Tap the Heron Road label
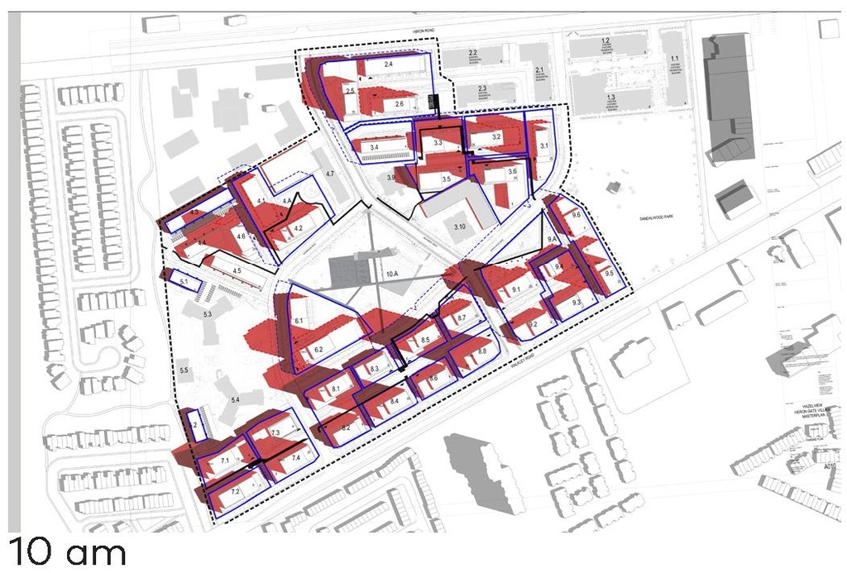point(423,30)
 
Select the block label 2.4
point(388,64)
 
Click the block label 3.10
point(460,225)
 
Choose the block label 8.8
point(482,352)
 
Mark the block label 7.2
point(235,492)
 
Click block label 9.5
point(610,273)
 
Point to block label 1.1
point(675,58)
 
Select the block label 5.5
point(184,370)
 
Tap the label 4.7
point(329,174)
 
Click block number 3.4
point(374,147)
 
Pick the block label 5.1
point(184,283)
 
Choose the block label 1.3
point(610,98)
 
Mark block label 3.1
point(544,146)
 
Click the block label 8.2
point(346,427)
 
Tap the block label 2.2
point(473,52)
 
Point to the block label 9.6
point(576,215)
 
